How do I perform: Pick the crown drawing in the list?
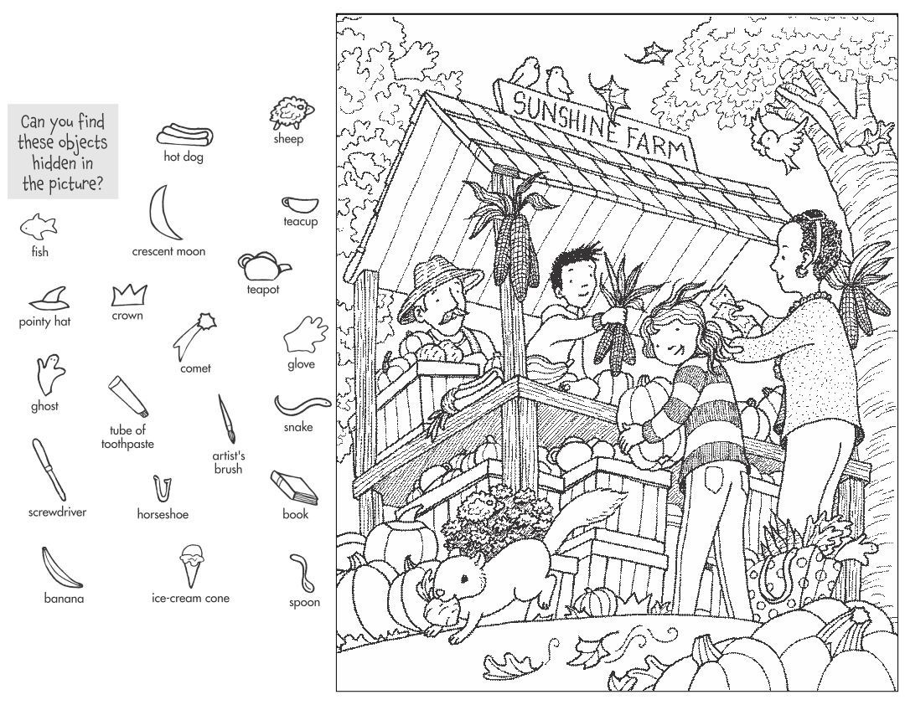click(129, 295)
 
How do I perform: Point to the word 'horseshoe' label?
click(163, 514)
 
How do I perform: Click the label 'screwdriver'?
click(57, 511)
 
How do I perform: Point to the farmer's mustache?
click(452, 316)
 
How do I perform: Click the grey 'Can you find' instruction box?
click(64, 152)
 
